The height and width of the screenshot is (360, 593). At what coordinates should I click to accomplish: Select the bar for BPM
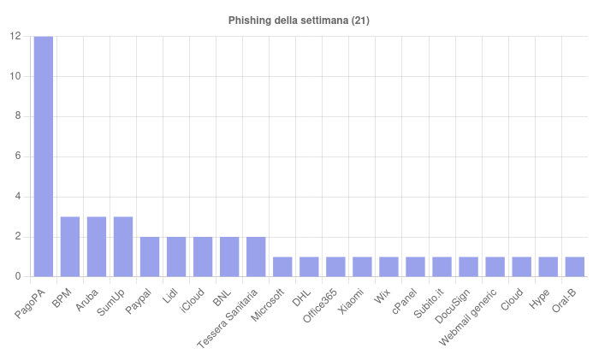[x=69, y=247]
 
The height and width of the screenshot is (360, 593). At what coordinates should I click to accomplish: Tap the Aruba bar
[x=96, y=247]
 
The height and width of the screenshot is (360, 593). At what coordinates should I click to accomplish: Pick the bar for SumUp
[x=122, y=247]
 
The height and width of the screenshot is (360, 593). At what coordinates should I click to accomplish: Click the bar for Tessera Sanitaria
[x=256, y=257]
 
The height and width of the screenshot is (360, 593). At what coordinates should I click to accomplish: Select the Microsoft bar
[x=282, y=267]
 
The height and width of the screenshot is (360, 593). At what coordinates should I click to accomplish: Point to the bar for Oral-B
[x=575, y=267]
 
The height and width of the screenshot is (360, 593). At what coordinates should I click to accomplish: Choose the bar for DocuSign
[x=468, y=267]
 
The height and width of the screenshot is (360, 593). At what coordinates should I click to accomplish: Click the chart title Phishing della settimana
[x=299, y=20]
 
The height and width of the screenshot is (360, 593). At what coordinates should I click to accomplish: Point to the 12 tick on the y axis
[x=15, y=36]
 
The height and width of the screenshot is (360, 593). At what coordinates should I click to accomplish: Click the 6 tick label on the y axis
[x=18, y=156]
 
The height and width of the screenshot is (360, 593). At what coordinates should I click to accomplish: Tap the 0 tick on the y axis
[x=18, y=277]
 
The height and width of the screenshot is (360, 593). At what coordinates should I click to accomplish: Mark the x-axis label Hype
[x=540, y=292]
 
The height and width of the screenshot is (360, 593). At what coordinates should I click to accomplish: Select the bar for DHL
[x=309, y=267]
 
